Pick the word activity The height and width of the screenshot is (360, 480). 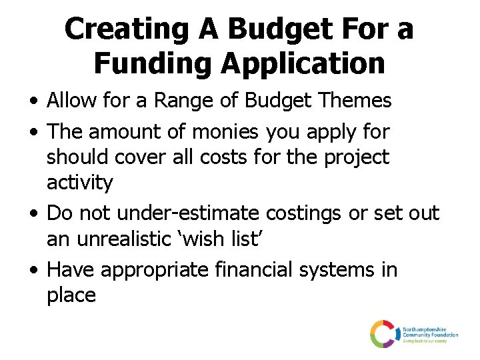coord(80,182)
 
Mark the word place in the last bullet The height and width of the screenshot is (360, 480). coord(71,295)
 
